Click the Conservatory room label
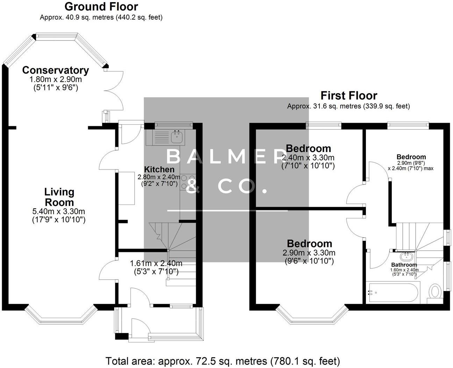pyautogui.click(x=55, y=70)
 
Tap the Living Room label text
pyautogui.click(x=59, y=197)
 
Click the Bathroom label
pyautogui.click(x=404, y=265)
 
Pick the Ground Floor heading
pyautogui.click(x=101, y=6)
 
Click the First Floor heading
pyautogui.click(x=348, y=95)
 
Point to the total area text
pyautogui.click(x=222, y=361)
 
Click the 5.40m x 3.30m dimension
pyautogui.click(x=59, y=211)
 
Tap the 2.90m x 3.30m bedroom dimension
pyautogui.click(x=309, y=253)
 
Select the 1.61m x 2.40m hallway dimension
pyautogui.click(x=156, y=263)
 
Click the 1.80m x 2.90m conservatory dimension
pyautogui.click(x=56, y=80)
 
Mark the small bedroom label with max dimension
pyautogui.click(x=411, y=157)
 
